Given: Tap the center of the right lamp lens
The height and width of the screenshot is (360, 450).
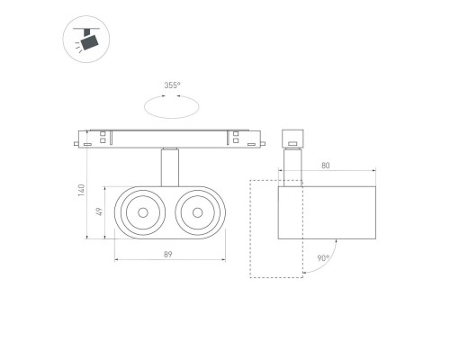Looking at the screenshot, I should (x=194, y=213).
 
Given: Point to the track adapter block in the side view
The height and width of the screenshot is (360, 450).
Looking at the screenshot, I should (x=291, y=139).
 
